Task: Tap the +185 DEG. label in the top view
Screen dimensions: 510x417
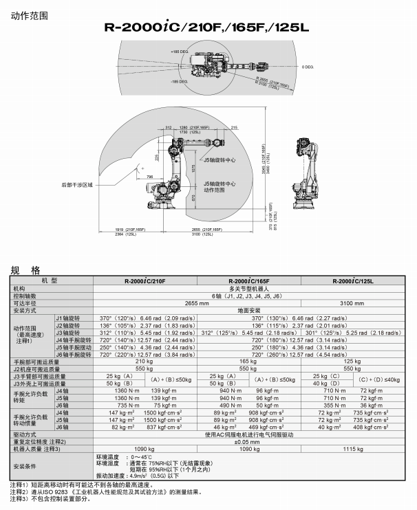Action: [x=180, y=52]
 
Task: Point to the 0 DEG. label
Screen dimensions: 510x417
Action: [x=308, y=67]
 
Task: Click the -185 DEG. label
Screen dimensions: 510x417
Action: [x=179, y=82]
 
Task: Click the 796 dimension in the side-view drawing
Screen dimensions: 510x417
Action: [x=150, y=178]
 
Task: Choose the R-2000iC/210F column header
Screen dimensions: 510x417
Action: [x=145, y=281]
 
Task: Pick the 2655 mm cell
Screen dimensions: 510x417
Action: [x=197, y=302]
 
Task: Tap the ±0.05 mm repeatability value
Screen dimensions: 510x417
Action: [x=249, y=442]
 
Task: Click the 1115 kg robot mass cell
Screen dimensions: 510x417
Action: [x=353, y=449]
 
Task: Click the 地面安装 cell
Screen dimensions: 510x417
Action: [x=249, y=310]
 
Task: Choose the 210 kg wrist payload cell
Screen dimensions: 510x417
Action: [x=145, y=361]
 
